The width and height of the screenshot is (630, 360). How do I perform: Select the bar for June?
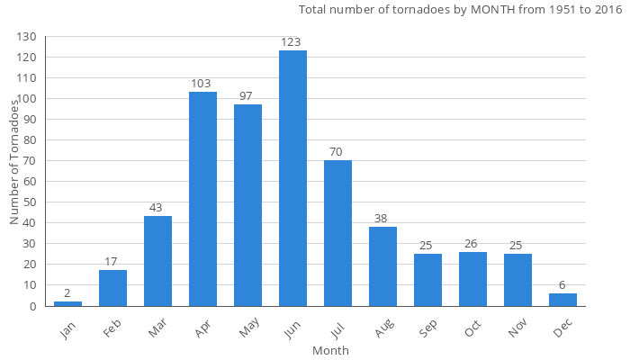(292, 178)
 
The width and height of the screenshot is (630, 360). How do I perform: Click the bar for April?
(202, 199)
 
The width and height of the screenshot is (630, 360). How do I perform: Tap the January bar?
(67, 303)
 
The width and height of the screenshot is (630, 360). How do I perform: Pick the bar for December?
(562, 300)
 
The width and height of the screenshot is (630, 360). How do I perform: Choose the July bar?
(337, 233)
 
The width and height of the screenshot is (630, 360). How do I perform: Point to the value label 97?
(247, 96)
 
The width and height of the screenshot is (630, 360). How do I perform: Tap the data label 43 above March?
(157, 208)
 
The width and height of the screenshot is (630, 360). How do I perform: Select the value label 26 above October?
(472, 243)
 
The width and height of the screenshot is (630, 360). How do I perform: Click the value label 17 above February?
(112, 262)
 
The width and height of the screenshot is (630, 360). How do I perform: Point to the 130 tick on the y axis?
(27, 37)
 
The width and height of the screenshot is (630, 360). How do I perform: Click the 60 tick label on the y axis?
(30, 182)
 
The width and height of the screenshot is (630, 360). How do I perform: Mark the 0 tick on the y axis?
(33, 306)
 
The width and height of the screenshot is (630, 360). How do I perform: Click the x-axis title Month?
(330, 350)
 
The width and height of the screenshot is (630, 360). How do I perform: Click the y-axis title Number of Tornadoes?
(14, 162)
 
